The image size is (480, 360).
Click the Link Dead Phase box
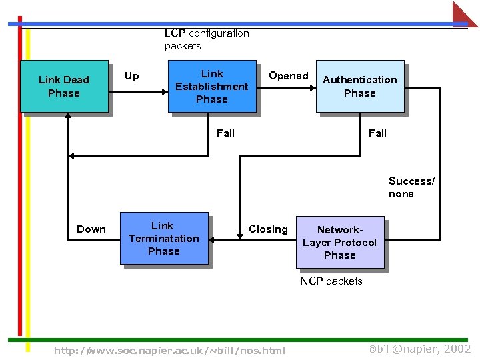(64, 86)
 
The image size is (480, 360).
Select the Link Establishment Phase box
(211, 86)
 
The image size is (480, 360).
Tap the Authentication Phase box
(360, 86)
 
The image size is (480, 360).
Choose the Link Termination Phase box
(164, 239)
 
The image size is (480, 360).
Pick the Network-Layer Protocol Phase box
(340, 242)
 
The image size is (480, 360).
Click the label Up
(132, 76)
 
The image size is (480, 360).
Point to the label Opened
(288, 76)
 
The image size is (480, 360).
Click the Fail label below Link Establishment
(225, 133)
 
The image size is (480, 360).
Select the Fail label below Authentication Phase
(377, 133)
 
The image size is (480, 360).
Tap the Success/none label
(411, 187)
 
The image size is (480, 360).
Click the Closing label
(268, 229)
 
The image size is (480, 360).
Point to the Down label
(91, 229)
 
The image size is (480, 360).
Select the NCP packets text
(331, 281)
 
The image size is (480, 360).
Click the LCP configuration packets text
(206, 39)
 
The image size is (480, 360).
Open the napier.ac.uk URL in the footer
(169, 351)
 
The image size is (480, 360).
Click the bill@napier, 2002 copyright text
(419, 349)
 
